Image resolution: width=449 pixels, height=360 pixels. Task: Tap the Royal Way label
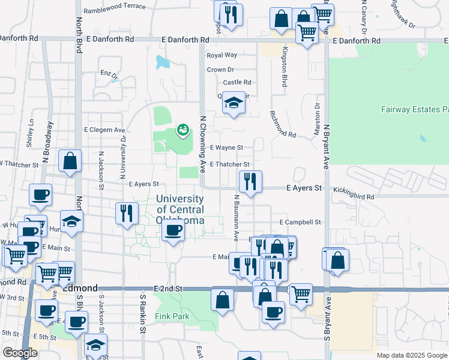click(x=222, y=55)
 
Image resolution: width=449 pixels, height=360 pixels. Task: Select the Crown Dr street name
click(x=220, y=70)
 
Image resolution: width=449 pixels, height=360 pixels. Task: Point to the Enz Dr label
click(x=109, y=74)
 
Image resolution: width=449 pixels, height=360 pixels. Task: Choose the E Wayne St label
click(x=226, y=148)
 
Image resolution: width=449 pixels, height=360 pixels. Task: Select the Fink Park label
click(x=172, y=316)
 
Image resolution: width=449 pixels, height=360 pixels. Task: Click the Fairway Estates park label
click(x=415, y=110)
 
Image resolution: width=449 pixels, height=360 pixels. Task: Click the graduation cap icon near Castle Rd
click(x=234, y=103)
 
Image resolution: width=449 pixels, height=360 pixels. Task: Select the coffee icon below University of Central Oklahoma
click(x=173, y=231)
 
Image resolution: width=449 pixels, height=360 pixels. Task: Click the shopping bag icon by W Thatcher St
click(x=70, y=160)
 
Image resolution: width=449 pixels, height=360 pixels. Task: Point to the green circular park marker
click(x=182, y=129)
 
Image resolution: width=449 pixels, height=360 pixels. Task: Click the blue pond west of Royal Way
click(x=163, y=62)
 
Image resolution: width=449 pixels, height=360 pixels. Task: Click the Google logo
click(x=21, y=353)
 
